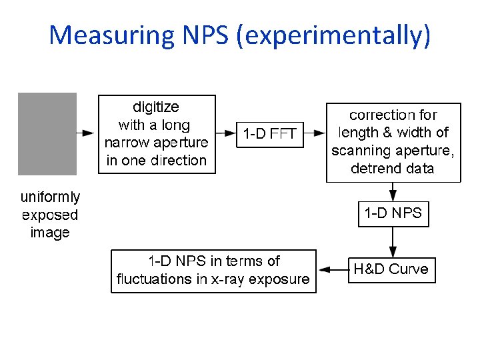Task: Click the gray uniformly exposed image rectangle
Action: coord(47,133)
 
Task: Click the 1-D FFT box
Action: coord(269,134)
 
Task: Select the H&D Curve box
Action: coord(391,270)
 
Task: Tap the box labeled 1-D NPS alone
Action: coord(393,214)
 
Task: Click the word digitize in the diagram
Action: coord(156,107)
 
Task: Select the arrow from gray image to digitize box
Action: coord(87,133)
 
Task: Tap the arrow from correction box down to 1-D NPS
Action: coord(393,191)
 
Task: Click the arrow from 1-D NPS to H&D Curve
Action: coord(393,242)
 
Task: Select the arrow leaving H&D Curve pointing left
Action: coord(333,270)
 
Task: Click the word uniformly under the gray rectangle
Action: coord(50,197)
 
